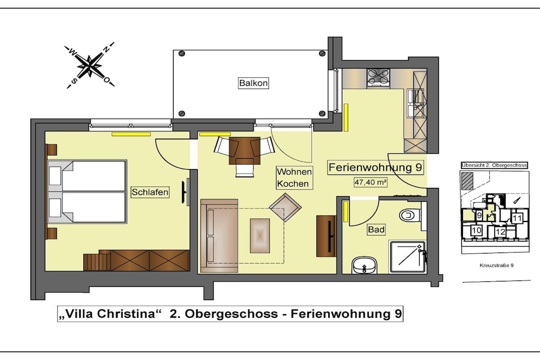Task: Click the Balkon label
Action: (253, 83)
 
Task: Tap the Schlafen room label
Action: (150, 192)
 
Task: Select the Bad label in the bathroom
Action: (376, 230)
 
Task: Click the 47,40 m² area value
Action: (371, 182)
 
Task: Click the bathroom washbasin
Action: (364, 265)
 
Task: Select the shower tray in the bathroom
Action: (408, 257)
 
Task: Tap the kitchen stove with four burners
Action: (378, 77)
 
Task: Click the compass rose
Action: (90, 65)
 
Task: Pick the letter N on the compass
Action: (107, 49)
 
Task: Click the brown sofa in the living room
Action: (219, 236)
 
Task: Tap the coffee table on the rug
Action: (260, 236)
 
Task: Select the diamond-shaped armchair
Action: (285, 207)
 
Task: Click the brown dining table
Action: (245, 151)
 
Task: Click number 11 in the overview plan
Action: (517, 218)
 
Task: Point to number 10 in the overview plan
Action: (476, 230)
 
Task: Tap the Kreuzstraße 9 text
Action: (497, 265)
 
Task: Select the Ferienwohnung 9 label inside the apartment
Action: (375, 168)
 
